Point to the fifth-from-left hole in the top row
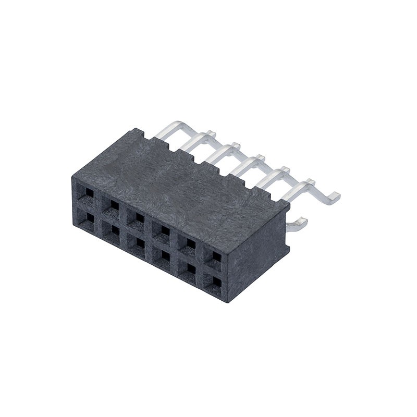190,242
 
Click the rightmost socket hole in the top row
216,255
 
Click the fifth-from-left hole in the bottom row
190,268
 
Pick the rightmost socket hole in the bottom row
216,282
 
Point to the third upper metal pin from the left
222,152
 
